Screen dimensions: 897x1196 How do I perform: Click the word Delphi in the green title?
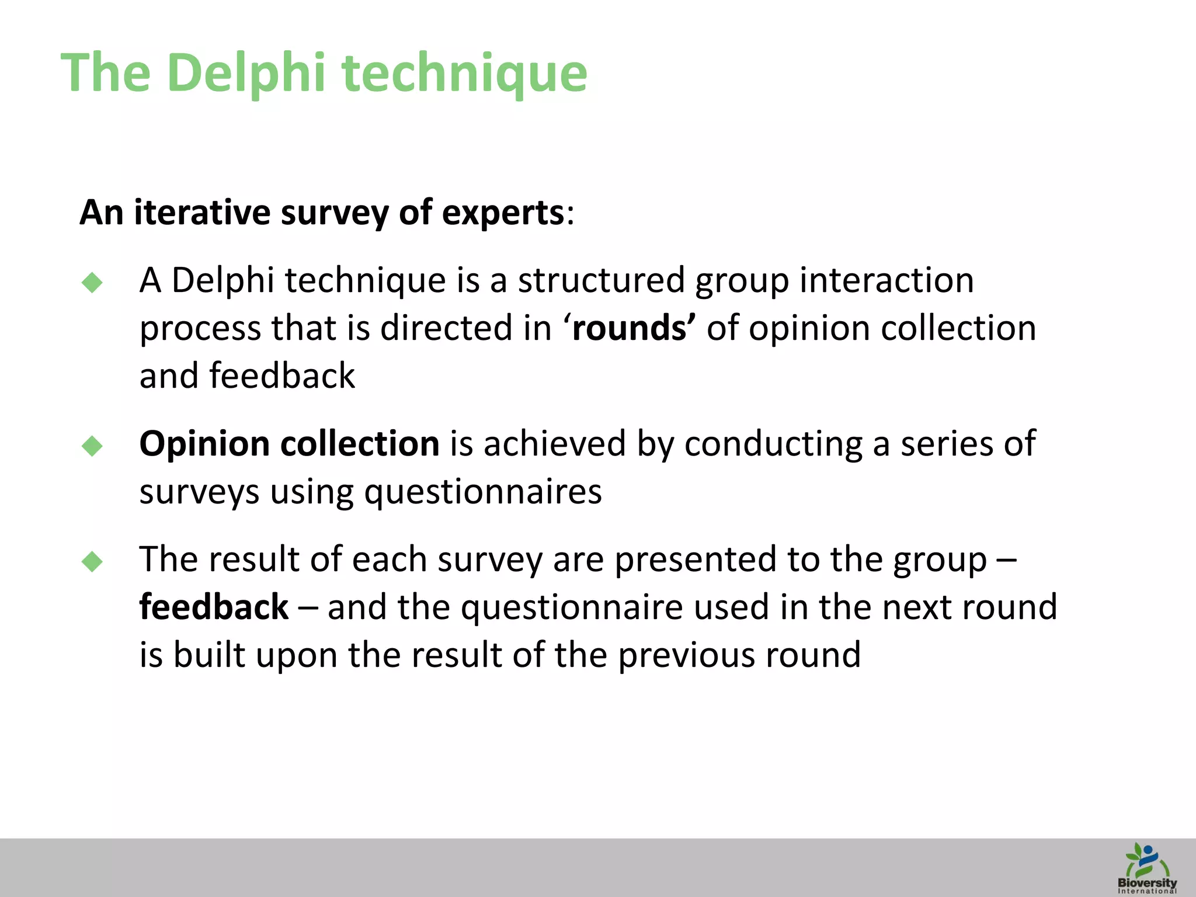246,72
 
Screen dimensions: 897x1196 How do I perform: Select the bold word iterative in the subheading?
201,212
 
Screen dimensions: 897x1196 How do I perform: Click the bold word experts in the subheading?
503,213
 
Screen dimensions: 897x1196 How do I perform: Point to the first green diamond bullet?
92,283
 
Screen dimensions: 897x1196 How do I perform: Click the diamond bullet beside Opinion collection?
92,446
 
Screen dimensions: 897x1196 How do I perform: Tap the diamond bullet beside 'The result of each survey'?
92,562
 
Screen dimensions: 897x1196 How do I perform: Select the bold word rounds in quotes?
629,328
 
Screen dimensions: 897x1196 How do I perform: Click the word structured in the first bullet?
601,280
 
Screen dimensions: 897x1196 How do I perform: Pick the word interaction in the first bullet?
886,280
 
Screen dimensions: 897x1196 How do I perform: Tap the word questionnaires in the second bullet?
483,492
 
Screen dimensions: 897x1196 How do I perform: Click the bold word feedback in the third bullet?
214,607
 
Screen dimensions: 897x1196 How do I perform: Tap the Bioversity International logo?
1146,868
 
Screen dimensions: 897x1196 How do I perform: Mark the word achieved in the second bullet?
555,444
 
